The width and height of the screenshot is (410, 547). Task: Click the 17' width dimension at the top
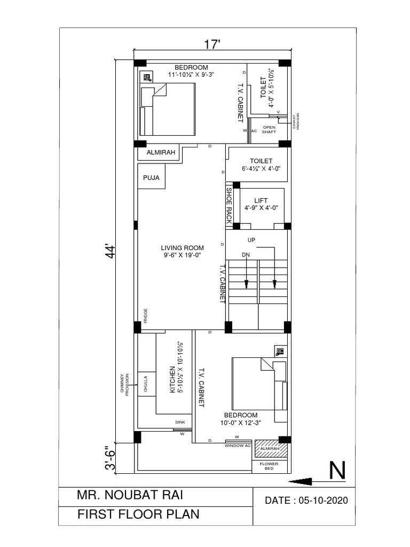(x=212, y=44)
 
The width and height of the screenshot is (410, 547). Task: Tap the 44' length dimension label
(x=111, y=252)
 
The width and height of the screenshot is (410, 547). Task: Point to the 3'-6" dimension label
(x=110, y=458)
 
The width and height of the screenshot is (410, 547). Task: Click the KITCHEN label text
(x=172, y=380)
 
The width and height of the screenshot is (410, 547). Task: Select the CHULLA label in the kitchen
(x=145, y=383)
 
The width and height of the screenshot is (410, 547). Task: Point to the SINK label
(x=180, y=422)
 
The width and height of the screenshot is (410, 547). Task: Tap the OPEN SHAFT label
(x=269, y=129)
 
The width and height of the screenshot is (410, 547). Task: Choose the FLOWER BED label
(x=270, y=466)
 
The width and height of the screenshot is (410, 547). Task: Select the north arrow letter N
(x=337, y=471)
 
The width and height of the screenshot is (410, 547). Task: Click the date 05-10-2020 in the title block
(x=306, y=501)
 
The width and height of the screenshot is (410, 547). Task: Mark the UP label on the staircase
(x=251, y=240)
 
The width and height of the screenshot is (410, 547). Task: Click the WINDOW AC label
(x=238, y=445)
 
